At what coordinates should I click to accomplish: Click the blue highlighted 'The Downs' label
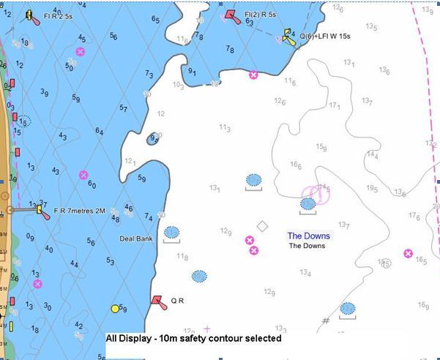point(308,236)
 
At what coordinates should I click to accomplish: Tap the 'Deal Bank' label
point(135,239)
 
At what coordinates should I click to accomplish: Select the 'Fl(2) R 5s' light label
point(261,14)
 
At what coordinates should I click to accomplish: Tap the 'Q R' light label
point(176,301)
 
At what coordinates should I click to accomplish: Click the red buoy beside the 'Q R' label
point(157,301)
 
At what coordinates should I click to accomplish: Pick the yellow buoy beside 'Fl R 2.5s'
point(31,15)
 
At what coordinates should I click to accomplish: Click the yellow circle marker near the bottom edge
point(115,309)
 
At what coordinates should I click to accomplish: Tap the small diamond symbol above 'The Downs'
point(262,226)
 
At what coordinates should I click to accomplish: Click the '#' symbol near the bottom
point(326,320)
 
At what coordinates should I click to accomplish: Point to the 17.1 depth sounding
point(335,106)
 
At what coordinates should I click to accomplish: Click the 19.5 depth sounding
point(372,188)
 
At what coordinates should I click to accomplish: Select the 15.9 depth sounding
point(321,147)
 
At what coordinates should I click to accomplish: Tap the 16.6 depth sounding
point(296,165)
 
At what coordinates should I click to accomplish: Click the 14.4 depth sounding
point(373,154)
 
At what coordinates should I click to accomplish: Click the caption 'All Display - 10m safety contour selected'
point(193,339)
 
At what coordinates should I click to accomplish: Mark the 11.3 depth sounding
point(225,128)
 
